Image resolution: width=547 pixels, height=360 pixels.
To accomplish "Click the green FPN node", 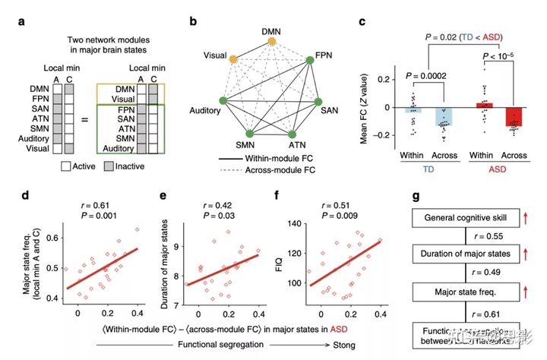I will [308, 57].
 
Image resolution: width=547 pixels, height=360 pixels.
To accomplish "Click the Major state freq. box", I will [464, 292].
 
